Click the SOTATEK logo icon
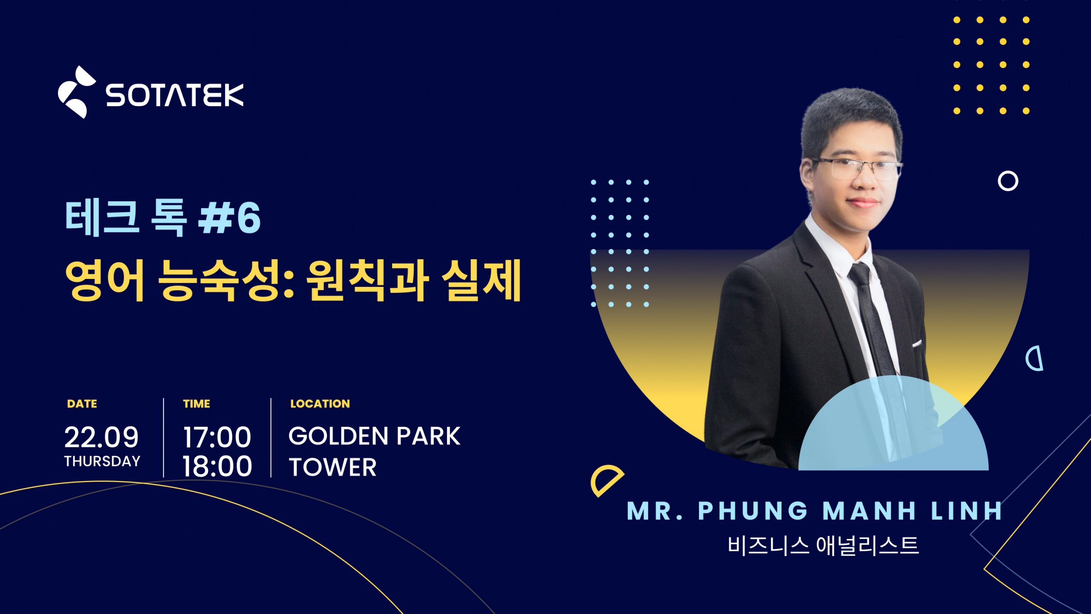click(x=77, y=92)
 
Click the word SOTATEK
click(x=175, y=95)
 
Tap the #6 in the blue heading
click(x=230, y=217)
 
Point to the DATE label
click(x=82, y=404)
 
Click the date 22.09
click(x=101, y=437)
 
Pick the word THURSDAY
click(x=102, y=461)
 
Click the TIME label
click(x=196, y=404)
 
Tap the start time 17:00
click(x=217, y=437)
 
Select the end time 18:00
click(x=217, y=466)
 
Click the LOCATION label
click(x=320, y=404)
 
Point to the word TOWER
click(x=333, y=467)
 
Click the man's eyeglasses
click(x=857, y=168)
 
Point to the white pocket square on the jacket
click(x=917, y=343)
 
